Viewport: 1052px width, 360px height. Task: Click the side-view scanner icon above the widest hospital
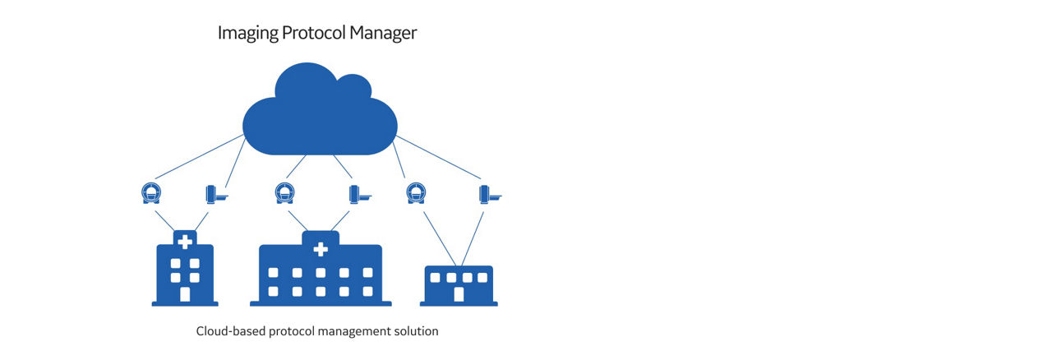(x=358, y=195)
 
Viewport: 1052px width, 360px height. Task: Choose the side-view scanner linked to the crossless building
(x=489, y=195)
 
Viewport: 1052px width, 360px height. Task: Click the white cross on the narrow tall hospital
(x=185, y=242)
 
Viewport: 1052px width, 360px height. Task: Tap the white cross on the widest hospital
(x=321, y=248)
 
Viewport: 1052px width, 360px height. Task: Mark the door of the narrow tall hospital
(x=185, y=294)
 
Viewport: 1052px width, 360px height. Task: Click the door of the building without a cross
(x=459, y=294)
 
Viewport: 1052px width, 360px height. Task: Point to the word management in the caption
(x=348, y=331)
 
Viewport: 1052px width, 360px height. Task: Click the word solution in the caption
(x=416, y=331)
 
